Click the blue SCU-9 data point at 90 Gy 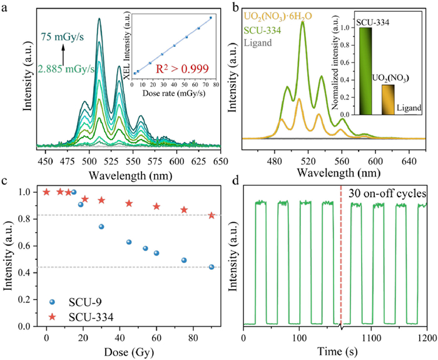tap(211, 267)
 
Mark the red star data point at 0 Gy tap(46, 192)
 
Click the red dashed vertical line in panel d tap(341, 250)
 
